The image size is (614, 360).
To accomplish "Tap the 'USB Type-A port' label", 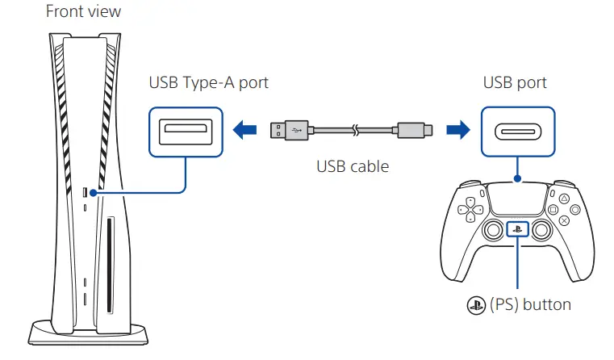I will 208,82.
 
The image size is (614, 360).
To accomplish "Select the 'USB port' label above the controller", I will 515,82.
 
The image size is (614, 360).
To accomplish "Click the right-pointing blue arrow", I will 457,129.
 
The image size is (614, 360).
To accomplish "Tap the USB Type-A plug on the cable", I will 289,129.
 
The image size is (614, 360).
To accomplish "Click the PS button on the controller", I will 516,230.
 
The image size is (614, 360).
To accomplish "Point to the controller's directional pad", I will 466,211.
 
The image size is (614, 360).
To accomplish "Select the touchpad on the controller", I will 516,199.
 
